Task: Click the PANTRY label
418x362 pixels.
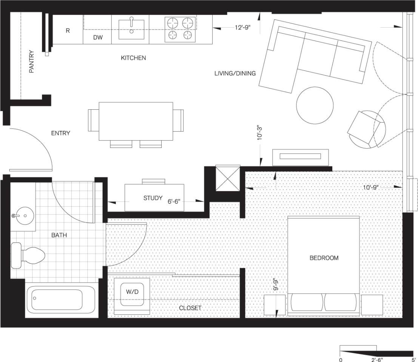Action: click(32, 62)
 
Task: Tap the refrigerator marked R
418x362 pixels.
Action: click(68, 31)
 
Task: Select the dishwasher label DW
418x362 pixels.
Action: click(97, 38)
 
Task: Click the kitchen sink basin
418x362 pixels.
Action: click(131, 30)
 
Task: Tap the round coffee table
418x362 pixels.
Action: click(315, 106)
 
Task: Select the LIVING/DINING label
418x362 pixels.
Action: click(235, 73)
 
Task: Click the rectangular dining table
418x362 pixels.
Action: click(136, 121)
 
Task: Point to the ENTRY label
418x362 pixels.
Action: click(60, 133)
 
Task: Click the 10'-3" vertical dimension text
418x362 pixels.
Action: click(259, 133)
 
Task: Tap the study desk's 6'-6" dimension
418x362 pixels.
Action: click(176, 202)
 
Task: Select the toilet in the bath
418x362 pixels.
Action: click(28, 256)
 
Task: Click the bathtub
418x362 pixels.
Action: click(60, 300)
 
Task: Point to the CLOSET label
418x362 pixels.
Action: click(190, 308)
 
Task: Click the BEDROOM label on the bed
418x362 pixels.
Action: click(324, 258)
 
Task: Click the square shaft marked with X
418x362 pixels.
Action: click(227, 178)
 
